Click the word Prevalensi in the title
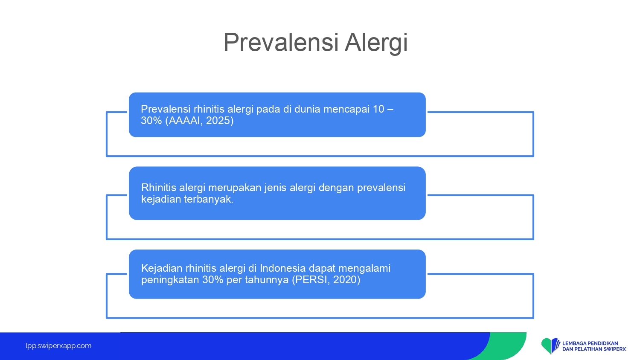(x=281, y=42)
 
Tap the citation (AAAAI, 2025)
(x=199, y=121)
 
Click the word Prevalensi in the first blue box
(x=166, y=109)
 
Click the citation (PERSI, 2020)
(x=326, y=280)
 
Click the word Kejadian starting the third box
(x=162, y=269)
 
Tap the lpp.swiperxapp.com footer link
(x=58, y=346)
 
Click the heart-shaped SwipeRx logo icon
(x=550, y=346)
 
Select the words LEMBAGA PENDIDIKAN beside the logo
(x=590, y=343)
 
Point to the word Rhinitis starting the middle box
(x=159, y=188)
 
